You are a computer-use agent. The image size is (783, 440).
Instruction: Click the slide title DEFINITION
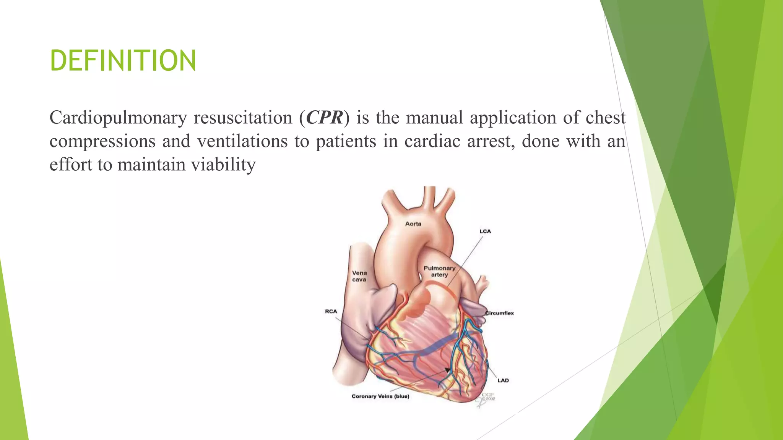pos(123,60)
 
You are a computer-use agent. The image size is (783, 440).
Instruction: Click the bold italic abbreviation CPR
pos(325,117)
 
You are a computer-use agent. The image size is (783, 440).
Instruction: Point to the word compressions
pos(102,141)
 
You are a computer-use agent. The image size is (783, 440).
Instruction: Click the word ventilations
pos(242,141)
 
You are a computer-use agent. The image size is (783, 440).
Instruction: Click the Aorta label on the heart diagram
pos(413,224)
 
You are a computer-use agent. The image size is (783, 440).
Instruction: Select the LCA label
pos(485,231)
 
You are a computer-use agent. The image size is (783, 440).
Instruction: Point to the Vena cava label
pos(359,276)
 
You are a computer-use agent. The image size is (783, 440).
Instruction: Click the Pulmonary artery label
pos(439,271)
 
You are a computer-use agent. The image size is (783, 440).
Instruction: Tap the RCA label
pos(331,312)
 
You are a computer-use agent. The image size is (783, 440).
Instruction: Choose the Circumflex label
pos(500,313)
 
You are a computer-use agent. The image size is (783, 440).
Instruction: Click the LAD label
pos(503,380)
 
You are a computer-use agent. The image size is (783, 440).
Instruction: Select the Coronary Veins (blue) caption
pos(380,396)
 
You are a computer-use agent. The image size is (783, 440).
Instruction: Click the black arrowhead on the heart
pos(447,370)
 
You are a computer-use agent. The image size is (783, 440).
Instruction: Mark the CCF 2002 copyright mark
pos(488,397)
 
